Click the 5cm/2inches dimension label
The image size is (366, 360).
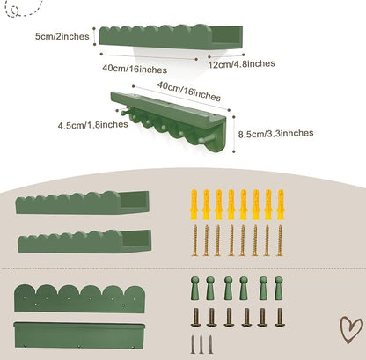click(62, 36)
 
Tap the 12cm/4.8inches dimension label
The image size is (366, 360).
click(241, 63)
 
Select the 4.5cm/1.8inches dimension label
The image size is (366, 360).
click(92, 125)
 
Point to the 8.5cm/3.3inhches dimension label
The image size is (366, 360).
click(275, 134)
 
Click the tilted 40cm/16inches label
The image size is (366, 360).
click(189, 92)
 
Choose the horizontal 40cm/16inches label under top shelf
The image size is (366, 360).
click(135, 69)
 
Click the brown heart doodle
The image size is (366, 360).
click(351, 329)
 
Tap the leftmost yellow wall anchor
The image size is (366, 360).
click(194, 204)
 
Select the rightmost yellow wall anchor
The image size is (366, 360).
click(281, 204)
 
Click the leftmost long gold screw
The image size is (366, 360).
click(194, 240)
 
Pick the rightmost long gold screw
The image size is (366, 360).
click(280, 240)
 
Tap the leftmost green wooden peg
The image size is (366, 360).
click(194, 288)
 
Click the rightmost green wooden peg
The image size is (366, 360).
click(279, 288)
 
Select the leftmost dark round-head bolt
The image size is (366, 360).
click(194, 317)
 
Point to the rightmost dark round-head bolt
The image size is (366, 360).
click(280, 317)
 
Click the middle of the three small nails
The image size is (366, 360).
click(201, 344)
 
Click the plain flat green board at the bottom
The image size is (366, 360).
click(79, 335)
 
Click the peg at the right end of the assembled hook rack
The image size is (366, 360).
click(206, 140)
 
